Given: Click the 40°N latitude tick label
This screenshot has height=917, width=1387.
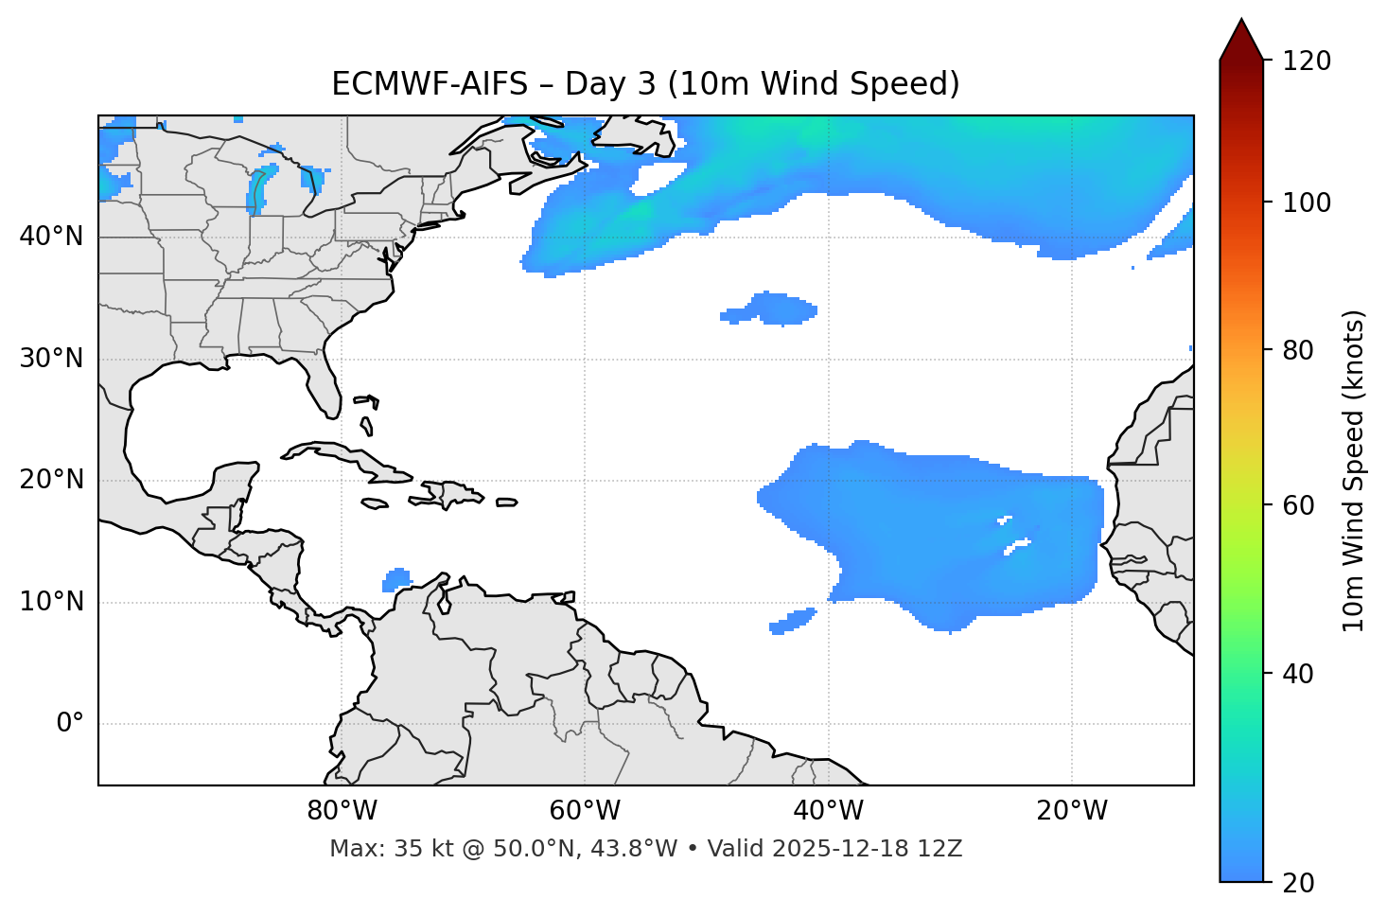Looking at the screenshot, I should coord(51,237).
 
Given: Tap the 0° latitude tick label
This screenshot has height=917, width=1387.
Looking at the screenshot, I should coord(70,724).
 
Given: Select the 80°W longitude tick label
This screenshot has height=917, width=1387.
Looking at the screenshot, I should coord(342,811).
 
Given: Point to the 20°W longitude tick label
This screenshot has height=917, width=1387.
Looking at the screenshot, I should coord(1072,811).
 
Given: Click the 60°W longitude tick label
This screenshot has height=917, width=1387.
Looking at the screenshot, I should coord(585,811).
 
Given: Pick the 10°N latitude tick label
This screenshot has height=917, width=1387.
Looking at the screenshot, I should coord(51,602).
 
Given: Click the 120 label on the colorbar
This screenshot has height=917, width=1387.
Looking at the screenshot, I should coord(1306,62).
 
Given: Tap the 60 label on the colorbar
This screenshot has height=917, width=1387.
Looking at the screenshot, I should coord(1299,505).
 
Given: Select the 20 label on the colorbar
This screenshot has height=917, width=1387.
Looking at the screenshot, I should coord(1299,883).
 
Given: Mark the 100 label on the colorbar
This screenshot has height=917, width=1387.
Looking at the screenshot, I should coord(1306,203).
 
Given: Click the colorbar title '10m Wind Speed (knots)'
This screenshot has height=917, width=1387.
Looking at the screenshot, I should coord(1354,470).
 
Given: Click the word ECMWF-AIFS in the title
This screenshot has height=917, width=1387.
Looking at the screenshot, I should coord(430,84).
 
